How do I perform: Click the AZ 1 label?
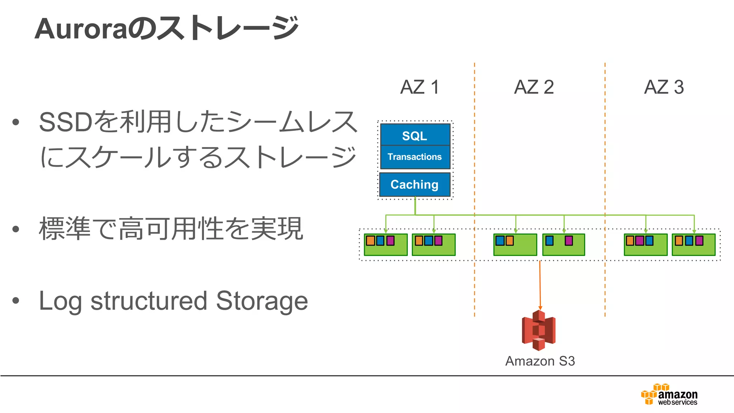(x=419, y=87)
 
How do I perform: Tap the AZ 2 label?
(x=534, y=87)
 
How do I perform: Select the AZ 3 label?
(x=664, y=87)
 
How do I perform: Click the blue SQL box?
(x=415, y=135)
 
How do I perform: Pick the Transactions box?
(x=415, y=157)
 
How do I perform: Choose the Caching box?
(x=415, y=184)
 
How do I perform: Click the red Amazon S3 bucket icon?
(x=539, y=330)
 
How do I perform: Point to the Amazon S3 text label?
(x=540, y=361)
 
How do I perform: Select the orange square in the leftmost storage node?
(x=371, y=241)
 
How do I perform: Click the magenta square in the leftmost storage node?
(x=390, y=241)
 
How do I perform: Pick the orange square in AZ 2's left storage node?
(x=509, y=241)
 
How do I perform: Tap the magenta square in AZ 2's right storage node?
(x=569, y=241)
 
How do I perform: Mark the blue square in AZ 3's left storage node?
(x=649, y=241)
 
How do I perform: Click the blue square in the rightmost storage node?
(x=689, y=241)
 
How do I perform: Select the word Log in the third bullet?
(x=60, y=301)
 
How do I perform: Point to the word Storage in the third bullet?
(x=262, y=301)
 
